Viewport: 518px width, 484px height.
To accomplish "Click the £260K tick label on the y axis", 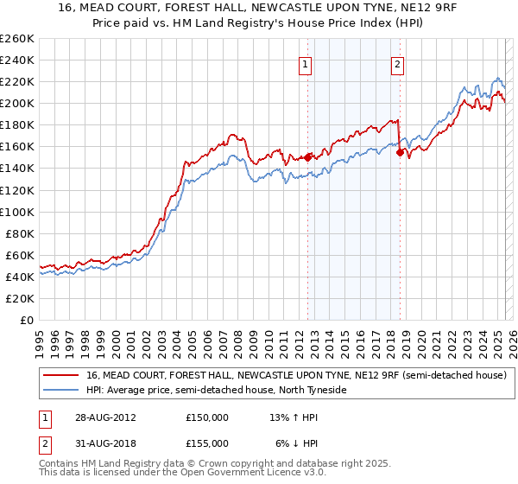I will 16,39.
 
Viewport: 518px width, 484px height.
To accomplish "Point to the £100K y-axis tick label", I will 16,212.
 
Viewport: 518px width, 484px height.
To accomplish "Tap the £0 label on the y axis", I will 26,320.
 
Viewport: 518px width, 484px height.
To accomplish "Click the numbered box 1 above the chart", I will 307,63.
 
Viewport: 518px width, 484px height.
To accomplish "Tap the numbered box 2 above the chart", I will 397,63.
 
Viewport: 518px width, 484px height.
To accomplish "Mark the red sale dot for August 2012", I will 308,157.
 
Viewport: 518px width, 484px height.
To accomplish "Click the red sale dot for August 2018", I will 400,152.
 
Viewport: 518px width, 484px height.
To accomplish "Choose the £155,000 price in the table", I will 207,443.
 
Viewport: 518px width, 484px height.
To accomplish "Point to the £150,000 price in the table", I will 207,417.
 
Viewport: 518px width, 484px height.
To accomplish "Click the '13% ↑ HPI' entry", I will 294,417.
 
